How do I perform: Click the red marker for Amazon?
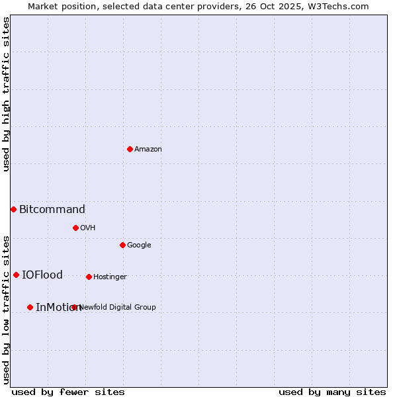coord(130,149)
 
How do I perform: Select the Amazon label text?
coord(148,150)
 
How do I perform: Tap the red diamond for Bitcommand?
coord(13,209)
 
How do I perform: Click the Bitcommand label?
coord(52,210)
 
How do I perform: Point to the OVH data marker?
coord(75,228)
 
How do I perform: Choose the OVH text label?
coord(88,228)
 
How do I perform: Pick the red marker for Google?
coord(122,245)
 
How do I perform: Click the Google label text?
coord(139,245)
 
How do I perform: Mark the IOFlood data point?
coord(16,275)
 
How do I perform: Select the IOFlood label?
coord(42,275)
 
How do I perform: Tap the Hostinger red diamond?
coord(89,277)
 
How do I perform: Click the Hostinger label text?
coord(110,277)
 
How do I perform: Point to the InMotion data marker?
coord(30,307)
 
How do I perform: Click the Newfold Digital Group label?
coord(118,308)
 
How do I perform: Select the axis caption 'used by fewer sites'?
coord(68,392)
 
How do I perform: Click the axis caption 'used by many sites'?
coord(332,392)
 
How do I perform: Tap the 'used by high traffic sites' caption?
coord(6,94)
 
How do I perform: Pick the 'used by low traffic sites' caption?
coord(6,309)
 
